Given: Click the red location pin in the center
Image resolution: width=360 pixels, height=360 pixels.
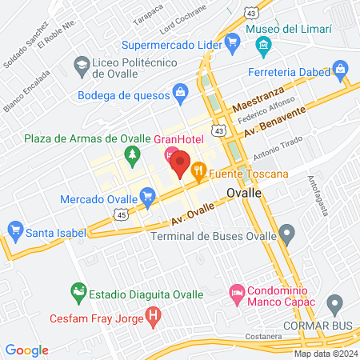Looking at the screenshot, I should click(x=180, y=163).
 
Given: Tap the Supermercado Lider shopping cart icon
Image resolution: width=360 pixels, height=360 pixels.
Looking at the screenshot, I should click(x=233, y=46).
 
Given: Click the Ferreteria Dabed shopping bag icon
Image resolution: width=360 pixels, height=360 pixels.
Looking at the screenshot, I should click(x=343, y=72).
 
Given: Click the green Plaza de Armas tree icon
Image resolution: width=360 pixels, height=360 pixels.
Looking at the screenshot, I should click(x=133, y=154).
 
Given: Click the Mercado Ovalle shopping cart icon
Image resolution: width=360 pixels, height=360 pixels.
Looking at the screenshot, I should click(x=146, y=196).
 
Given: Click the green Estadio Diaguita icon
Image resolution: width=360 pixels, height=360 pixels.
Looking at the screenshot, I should click(x=78, y=292).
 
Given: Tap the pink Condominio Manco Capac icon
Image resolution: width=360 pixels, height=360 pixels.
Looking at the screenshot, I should click(x=236, y=293).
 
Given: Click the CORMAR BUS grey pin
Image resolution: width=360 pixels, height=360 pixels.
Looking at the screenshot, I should click(x=336, y=304).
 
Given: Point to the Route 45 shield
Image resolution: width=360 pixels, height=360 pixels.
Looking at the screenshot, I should click(x=120, y=214).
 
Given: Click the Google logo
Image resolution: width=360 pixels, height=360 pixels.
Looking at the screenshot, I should click(x=26, y=350).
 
